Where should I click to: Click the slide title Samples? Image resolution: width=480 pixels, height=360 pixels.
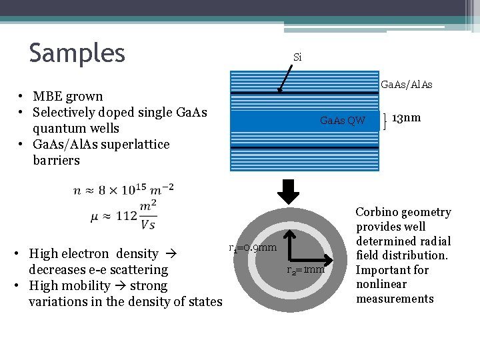tap(77, 53)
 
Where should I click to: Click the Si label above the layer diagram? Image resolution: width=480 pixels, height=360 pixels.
tap(297, 57)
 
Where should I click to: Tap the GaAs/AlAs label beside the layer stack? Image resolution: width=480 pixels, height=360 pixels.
tap(406, 85)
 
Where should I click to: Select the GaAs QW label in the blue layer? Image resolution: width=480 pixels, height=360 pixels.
tap(343, 121)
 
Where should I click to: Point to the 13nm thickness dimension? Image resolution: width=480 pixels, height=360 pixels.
tap(406, 118)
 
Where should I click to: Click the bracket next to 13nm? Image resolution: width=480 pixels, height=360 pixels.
tap(386, 121)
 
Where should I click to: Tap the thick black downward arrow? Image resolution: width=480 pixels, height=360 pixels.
tap(289, 191)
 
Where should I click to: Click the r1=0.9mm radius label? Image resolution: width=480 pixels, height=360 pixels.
tap(253, 248)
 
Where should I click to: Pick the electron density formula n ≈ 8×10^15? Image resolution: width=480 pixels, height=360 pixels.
tap(123, 190)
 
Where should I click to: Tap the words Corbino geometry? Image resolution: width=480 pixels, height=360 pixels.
tap(403, 212)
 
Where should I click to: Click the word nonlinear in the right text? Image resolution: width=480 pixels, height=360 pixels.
tap(381, 284)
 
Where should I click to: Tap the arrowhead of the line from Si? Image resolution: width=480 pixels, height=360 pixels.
tap(280, 89)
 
